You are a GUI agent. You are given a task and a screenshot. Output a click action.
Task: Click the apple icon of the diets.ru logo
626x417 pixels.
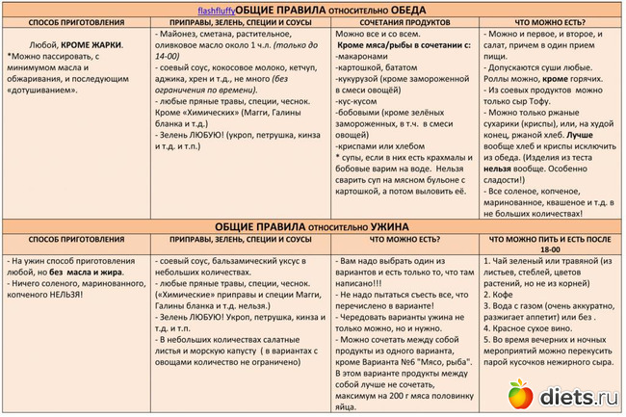(x=520, y=394)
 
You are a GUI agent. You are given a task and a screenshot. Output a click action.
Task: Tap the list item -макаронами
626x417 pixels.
(x=364, y=58)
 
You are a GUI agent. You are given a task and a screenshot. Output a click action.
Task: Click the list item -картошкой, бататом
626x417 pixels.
(x=378, y=70)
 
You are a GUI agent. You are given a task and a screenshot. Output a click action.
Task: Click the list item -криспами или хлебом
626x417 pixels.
(x=378, y=145)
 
